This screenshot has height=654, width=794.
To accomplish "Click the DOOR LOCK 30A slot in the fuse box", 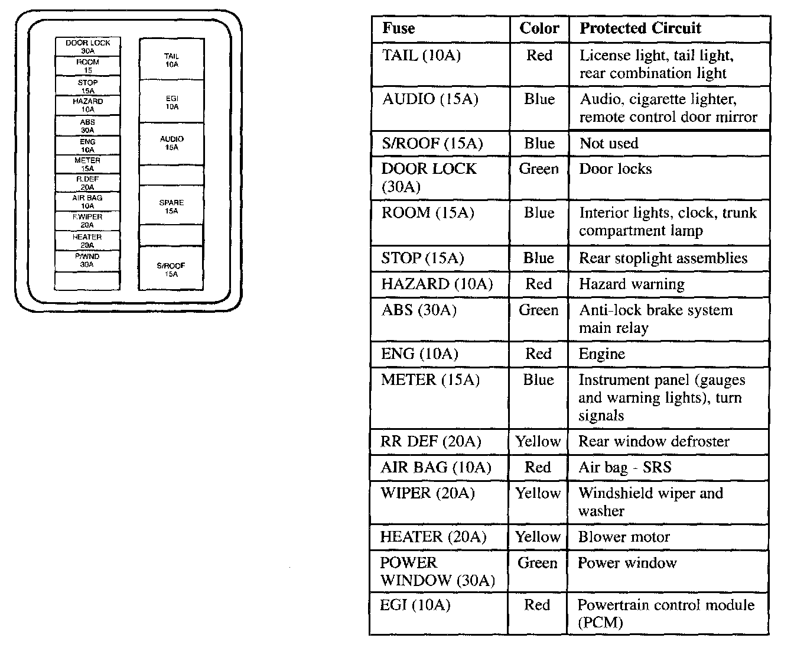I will [x=87, y=47].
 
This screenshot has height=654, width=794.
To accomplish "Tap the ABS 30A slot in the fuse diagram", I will [x=87, y=126].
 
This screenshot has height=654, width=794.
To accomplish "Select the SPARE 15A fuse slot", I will [x=171, y=206].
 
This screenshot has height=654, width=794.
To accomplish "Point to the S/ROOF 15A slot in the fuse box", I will [x=171, y=270].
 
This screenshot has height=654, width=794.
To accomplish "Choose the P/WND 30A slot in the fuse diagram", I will [x=87, y=261].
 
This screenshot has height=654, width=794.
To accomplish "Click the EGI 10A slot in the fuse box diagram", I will [x=171, y=102].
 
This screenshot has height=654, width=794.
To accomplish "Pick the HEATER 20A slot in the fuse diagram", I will [x=87, y=241].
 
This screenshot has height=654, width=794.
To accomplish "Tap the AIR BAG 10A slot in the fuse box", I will [x=87, y=202].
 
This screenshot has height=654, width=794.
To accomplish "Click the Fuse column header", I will [x=399, y=28].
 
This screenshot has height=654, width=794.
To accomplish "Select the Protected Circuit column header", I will [x=640, y=28].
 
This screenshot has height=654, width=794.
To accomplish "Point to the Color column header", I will [x=539, y=28].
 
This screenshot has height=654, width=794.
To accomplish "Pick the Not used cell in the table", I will [x=609, y=144].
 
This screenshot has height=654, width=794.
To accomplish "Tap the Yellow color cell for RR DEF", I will [x=538, y=442].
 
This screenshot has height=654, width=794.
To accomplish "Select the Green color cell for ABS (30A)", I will [x=538, y=310].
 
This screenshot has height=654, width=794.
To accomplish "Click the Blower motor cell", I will [x=624, y=538].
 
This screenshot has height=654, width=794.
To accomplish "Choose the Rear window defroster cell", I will [x=654, y=442].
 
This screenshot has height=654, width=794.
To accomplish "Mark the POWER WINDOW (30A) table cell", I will [x=437, y=572].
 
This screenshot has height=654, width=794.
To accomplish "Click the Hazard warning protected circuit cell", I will [x=632, y=284].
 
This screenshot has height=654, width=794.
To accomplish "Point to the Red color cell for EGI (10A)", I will [x=537, y=606].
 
